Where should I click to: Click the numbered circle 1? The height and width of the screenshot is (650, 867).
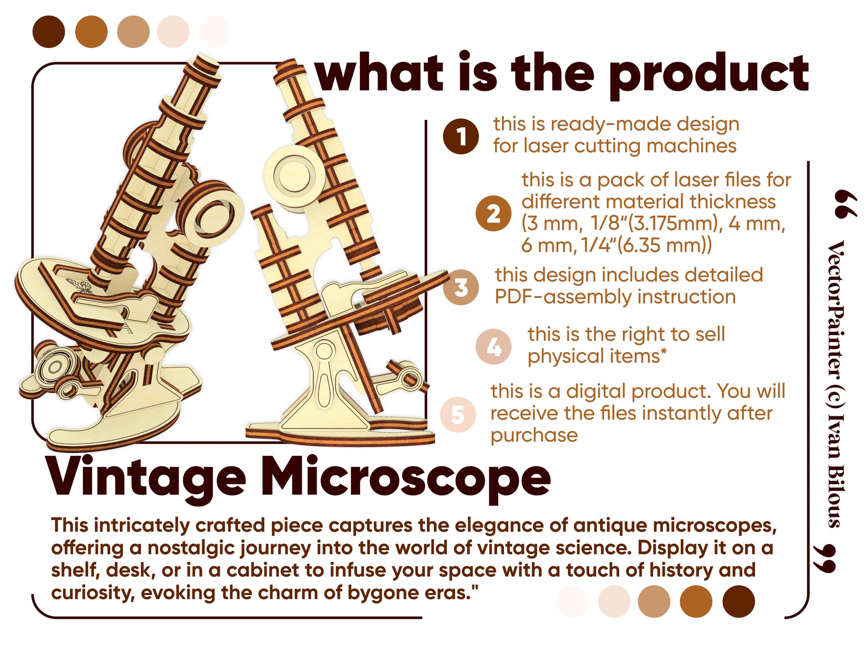(x=461, y=136)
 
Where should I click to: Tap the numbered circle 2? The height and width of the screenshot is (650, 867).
(x=493, y=213)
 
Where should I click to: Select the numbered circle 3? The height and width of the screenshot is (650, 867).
(x=461, y=287)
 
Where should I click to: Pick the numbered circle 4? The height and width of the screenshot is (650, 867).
(x=493, y=347)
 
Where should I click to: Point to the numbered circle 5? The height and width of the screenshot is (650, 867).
(x=458, y=414)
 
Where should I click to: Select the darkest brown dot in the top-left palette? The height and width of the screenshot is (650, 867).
(x=49, y=32)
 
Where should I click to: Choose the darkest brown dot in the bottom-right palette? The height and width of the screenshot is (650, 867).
(x=738, y=601)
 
